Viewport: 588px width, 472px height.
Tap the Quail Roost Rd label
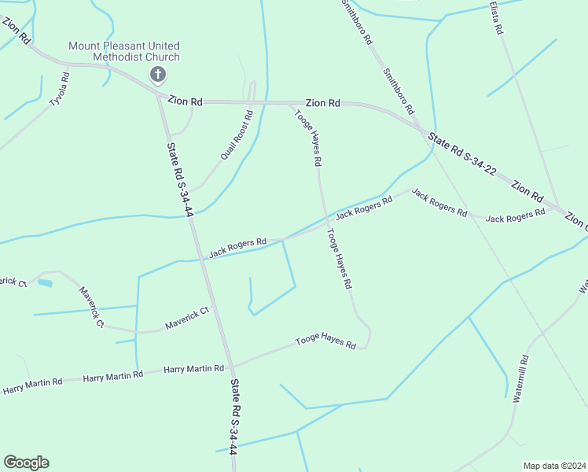(x=236, y=135)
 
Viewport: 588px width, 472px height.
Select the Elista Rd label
(x=495, y=17)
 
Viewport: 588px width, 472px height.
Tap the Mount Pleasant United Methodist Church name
(x=124, y=51)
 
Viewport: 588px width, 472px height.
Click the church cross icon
(x=158, y=75)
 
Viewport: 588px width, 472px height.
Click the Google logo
(x=26, y=463)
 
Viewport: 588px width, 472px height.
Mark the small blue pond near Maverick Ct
(x=45, y=282)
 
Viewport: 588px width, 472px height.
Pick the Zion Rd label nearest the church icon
(x=186, y=101)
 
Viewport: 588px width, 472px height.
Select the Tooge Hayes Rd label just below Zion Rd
(x=308, y=137)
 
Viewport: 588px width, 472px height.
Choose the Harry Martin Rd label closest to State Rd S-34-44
(x=193, y=368)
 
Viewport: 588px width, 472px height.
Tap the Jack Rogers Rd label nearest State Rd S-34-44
(x=237, y=248)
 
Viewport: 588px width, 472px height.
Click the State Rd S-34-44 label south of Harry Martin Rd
(x=234, y=417)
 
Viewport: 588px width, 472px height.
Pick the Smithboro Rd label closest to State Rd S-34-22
(x=399, y=90)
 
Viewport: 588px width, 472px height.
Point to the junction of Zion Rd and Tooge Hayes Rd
(x=292, y=103)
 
